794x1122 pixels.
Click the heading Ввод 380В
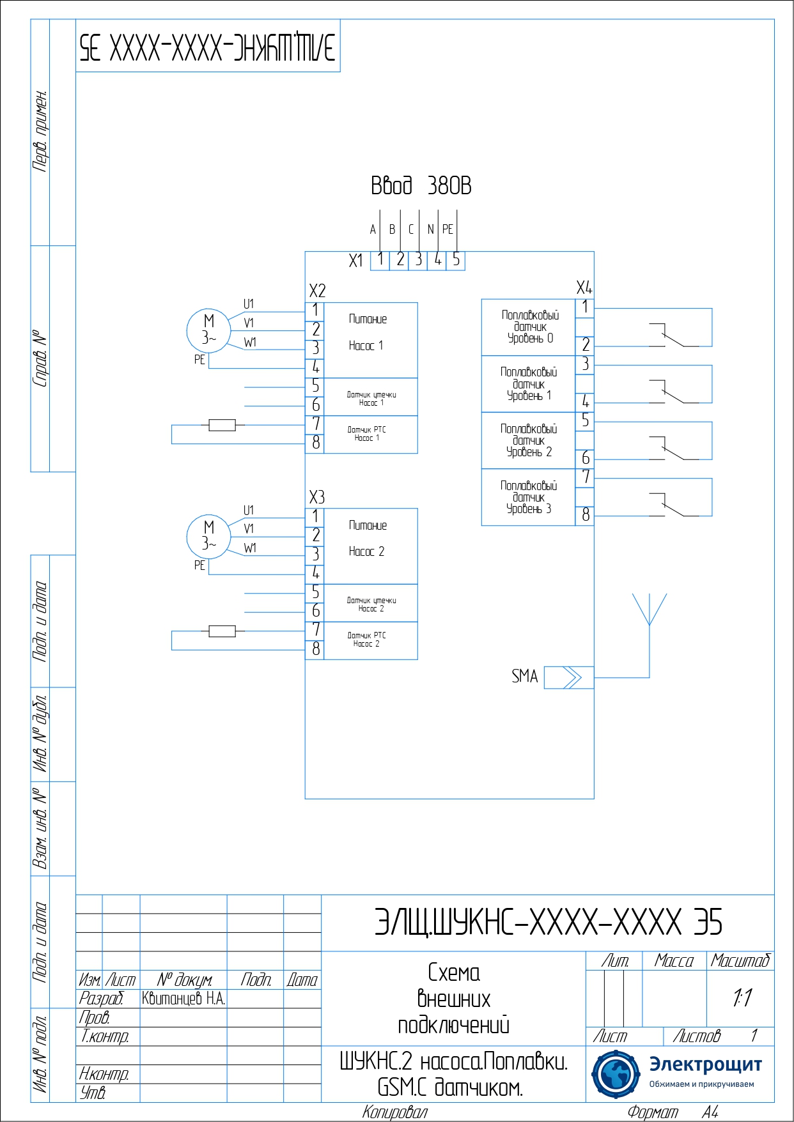pyautogui.click(x=421, y=186)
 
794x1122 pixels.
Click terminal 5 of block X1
pyautogui.click(x=456, y=260)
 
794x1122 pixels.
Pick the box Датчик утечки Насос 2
pyautogui.click(x=371, y=604)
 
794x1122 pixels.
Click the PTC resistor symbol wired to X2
pyautogui.click(x=222, y=425)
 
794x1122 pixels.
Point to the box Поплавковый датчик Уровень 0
pyautogui.click(x=529, y=327)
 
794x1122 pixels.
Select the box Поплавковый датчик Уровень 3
pyautogui.click(x=529, y=498)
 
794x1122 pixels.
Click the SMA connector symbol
pyautogui.click(x=568, y=677)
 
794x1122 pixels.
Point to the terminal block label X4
pyautogui.click(x=584, y=288)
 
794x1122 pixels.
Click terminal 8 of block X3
pyautogui.click(x=315, y=650)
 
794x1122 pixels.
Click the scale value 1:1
pyautogui.click(x=742, y=997)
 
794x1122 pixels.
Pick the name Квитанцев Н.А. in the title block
pyautogui.click(x=183, y=999)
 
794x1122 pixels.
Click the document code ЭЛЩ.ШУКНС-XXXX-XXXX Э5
pyautogui.click(x=548, y=923)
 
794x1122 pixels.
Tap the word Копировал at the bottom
pyautogui.click(x=394, y=1112)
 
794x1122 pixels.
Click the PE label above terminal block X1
pyautogui.click(x=448, y=229)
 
